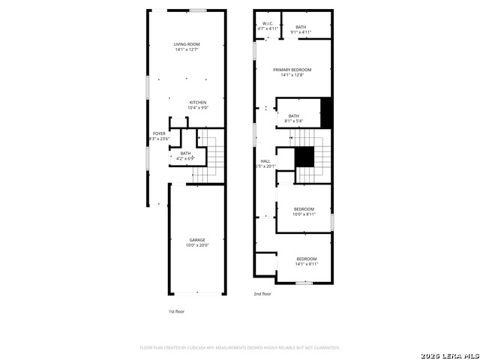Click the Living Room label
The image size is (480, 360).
pos(186,45)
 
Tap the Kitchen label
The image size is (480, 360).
pos(198,103)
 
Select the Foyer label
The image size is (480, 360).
pos(160,133)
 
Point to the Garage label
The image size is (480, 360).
pos(197,240)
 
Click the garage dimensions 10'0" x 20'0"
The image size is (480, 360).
pos(197,245)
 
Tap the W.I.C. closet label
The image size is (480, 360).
pos(268,23)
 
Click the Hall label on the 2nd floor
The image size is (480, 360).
pos(265,161)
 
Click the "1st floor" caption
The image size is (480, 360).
pos(176,310)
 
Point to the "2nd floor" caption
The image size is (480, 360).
pos(262,294)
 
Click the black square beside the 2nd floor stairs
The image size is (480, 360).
pos(304,157)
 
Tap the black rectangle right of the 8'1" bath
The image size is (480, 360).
pos(326,112)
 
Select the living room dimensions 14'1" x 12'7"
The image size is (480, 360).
pos(186,50)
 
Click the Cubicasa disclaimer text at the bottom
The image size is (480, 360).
pos(240,348)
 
